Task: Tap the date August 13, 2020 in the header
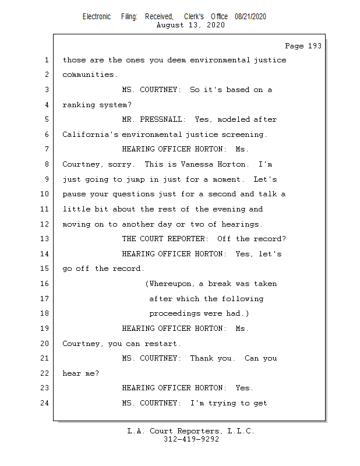point(191,25)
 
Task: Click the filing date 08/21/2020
point(250,17)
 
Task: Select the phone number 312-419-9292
point(191,439)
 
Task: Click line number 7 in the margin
point(47,149)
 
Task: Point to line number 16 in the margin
point(45,284)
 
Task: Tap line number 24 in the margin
point(45,403)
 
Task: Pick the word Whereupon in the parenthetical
point(171,284)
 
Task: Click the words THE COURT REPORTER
point(164,239)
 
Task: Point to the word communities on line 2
point(88,75)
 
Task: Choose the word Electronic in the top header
point(97,17)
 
